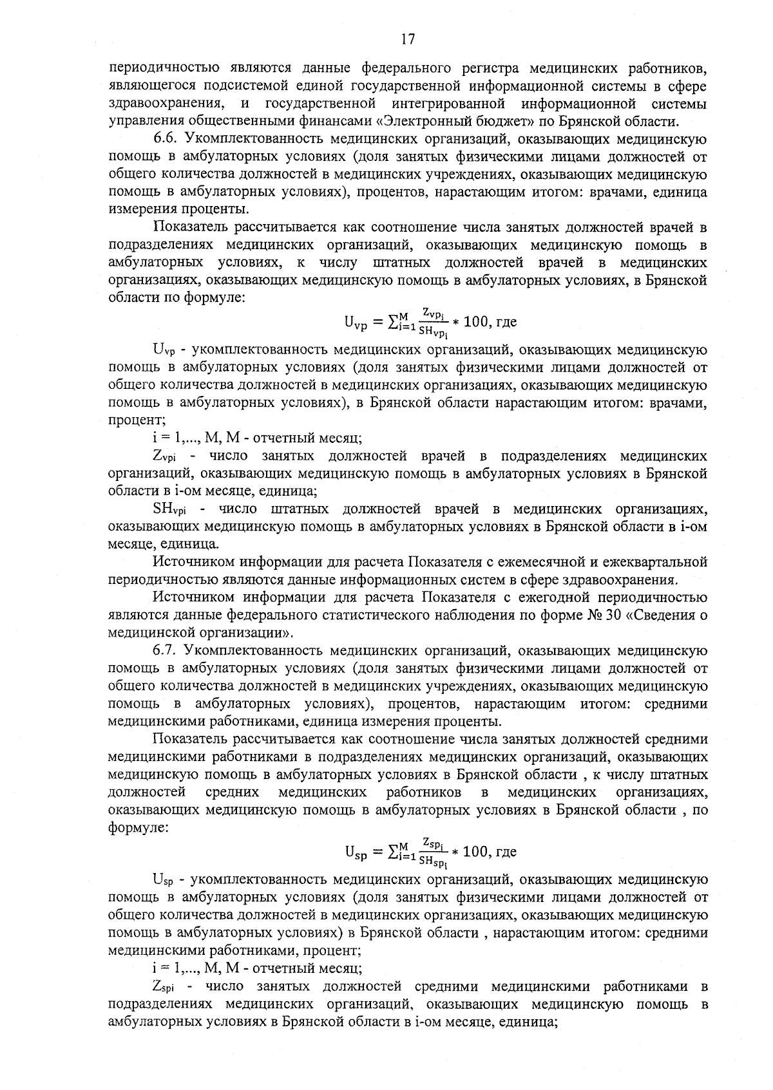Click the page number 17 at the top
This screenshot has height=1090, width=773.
click(x=406, y=40)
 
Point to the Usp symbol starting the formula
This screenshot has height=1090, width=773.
click(x=356, y=853)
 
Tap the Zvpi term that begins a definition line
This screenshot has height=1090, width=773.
click(x=167, y=457)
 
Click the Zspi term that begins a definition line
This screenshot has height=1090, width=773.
click(x=167, y=986)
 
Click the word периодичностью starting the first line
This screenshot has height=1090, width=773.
click(x=157, y=68)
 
